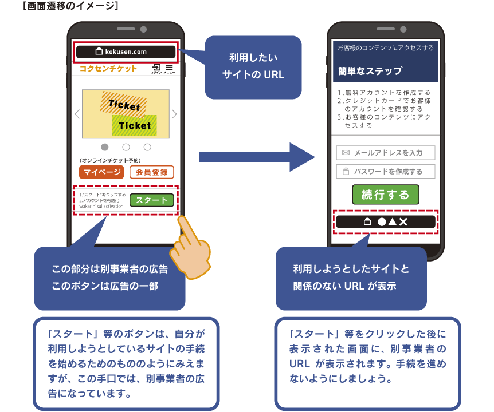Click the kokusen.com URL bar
(x=126, y=51)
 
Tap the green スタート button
(x=151, y=200)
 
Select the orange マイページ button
(x=101, y=172)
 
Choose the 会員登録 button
(x=151, y=172)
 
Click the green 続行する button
(x=385, y=195)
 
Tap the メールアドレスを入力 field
(x=385, y=153)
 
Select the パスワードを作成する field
(x=385, y=171)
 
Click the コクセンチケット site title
(x=109, y=69)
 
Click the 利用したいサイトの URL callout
(x=253, y=66)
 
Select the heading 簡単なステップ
(x=370, y=71)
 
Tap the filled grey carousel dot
(x=105, y=147)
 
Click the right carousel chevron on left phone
(x=174, y=114)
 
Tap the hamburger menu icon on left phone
(x=169, y=68)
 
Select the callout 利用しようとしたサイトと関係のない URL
(x=351, y=278)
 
